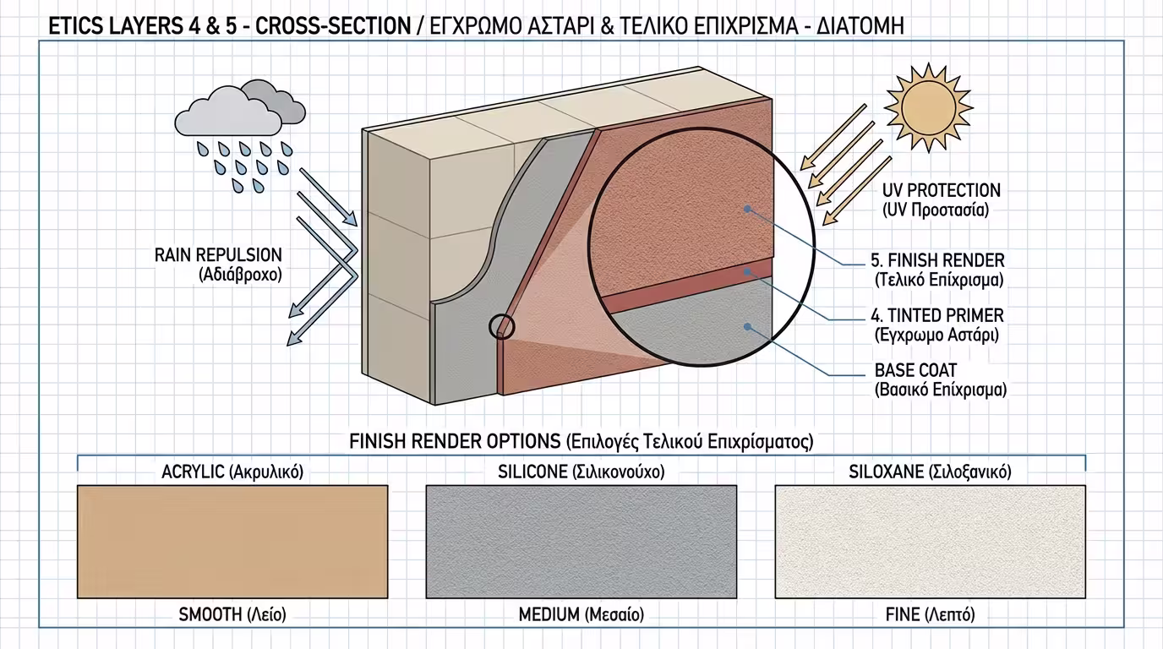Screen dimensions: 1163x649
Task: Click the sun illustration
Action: click(928, 107)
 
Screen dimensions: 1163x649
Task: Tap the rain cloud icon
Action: click(240, 108)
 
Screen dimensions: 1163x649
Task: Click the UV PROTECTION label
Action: click(941, 200)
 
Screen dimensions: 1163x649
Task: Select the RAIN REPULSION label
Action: click(218, 265)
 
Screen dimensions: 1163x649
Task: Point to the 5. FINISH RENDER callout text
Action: click(937, 270)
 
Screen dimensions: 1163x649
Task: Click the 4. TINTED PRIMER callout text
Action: click(936, 325)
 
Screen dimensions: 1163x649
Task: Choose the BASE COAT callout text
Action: click(940, 380)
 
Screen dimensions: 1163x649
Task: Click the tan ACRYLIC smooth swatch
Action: click(232, 542)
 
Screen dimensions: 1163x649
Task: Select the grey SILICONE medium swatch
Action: click(581, 542)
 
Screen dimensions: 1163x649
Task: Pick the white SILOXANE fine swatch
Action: click(930, 542)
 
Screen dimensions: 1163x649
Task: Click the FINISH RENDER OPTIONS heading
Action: click(581, 441)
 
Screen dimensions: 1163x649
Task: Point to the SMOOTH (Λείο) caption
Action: click(232, 614)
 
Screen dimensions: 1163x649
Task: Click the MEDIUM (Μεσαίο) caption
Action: click(581, 614)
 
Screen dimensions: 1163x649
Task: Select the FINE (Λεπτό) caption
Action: click(930, 614)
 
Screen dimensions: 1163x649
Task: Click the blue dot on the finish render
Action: click(747, 209)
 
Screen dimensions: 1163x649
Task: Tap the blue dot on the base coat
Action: click(747, 326)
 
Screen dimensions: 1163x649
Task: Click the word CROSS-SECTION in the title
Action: click(333, 26)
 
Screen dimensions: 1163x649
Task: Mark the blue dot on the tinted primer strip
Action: click(748, 272)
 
